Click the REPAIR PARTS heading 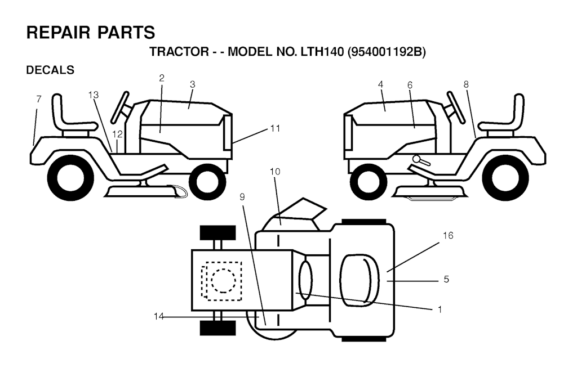coord(91,32)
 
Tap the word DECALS coord(50,70)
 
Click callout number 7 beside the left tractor coord(39,99)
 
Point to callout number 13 coord(94,95)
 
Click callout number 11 coord(275,128)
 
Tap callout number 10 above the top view coord(274,171)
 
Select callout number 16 coord(448,235)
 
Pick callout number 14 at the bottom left coord(158,316)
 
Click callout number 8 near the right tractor coord(466,84)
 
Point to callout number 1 coord(440,309)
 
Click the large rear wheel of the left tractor coord(70,177)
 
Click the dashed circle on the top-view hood coord(223,281)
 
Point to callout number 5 coord(446,280)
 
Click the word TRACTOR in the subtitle coord(179,52)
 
